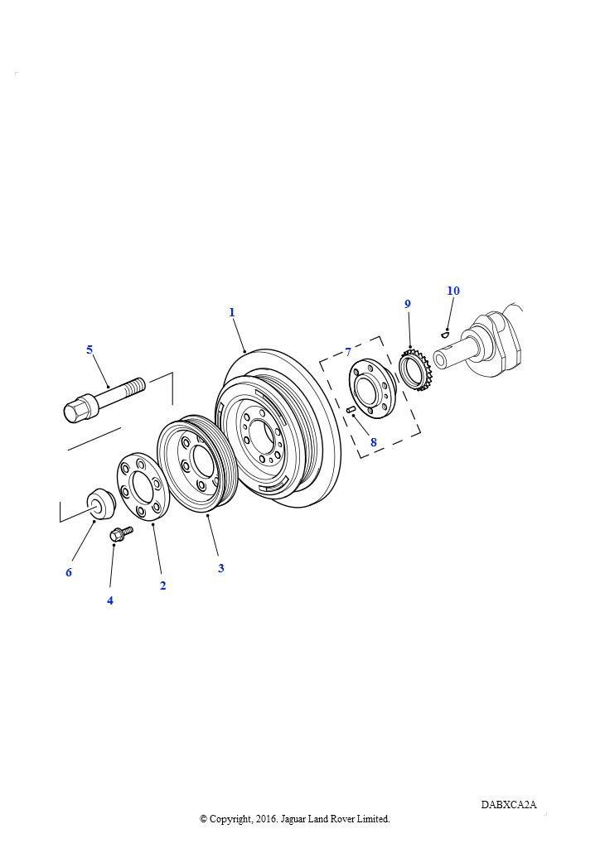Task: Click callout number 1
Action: click(x=232, y=312)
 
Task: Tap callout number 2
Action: click(x=163, y=585)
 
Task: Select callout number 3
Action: click(x=220, y=568)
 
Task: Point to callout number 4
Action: click(x=110, y=600)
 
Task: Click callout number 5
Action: click(x=90, y=349)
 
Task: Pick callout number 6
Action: click(x=69, y=572)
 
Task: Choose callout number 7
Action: click(x=348, y=352)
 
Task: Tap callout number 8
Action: click(x=373, y=442)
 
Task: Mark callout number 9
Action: click(x=408, y=304)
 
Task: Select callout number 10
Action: click(x=453, y=291)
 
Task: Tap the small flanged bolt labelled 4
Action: click(x=121, y=534)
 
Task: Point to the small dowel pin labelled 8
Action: click(x=350, y=409)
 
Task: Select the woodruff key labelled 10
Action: click(x=445, y=335)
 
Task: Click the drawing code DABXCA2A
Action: click(x=509, y=805)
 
